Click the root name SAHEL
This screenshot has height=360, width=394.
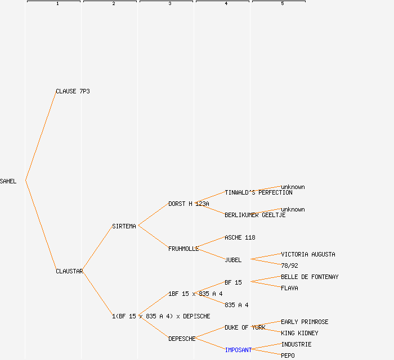[x=8, y=181]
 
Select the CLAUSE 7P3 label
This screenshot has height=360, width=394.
[x=73, y=91]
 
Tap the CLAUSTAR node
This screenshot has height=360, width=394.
[x=69, y=271]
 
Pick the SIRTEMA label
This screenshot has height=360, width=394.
[x=124, y=226]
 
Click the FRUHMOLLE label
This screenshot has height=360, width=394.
[x=183, y=249]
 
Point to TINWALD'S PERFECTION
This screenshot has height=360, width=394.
[x=258, y=192]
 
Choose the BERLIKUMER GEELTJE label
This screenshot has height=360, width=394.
[x=255, y=215]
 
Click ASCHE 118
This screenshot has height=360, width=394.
[x=240, y=237]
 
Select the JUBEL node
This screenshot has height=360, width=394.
[x=233, y=260]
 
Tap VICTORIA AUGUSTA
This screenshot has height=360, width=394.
[x=308, y=254]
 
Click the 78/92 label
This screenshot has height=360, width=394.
[x=289, y=265]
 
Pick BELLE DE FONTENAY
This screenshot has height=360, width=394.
[x=310, y=277]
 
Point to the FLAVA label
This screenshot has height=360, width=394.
[x=289, y=288]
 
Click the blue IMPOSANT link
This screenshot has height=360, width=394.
[x=238, y=350]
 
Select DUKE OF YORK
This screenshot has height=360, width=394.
[x=245, y=327]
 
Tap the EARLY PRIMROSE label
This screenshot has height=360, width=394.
[x=305, y=322]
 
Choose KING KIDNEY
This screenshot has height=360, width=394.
[x=299, y=333]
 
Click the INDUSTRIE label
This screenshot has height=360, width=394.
[x=296, y=344]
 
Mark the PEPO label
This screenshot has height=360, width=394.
[x=288, y=355]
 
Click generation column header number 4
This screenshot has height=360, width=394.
[x=226, y=4]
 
